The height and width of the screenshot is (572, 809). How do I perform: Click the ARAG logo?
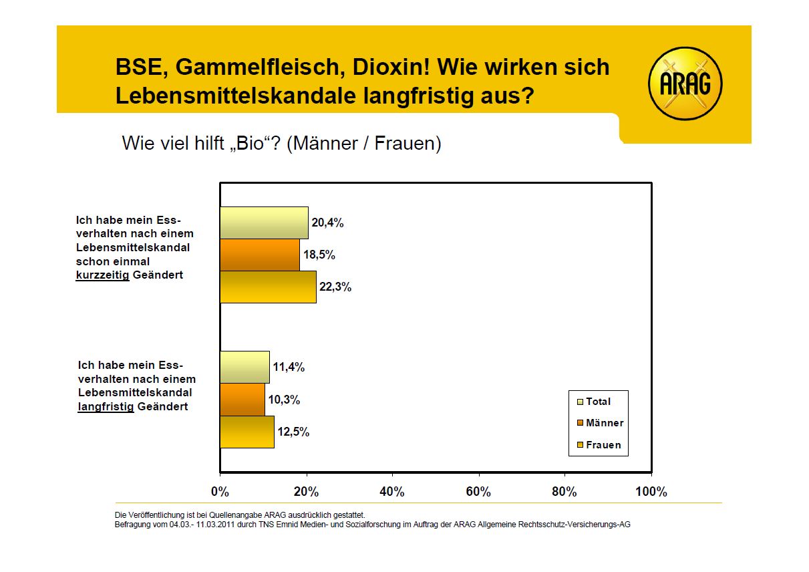tap(685, 84)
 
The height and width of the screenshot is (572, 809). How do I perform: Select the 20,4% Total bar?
tap(264, 223)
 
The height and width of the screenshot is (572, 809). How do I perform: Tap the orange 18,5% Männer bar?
tap(259, 255)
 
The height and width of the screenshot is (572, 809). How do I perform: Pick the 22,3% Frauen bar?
tap(268, 287)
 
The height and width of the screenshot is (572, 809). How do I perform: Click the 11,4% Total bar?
tap(245, 367)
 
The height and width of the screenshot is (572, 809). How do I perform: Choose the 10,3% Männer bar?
tap(242, 400)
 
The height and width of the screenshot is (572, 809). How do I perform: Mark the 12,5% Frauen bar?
tap(247, 432)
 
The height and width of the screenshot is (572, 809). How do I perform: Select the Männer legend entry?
tap(600, 423)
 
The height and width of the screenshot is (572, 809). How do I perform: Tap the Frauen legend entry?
tap(599, 444)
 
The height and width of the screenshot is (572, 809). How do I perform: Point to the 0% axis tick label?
tap(220, 492)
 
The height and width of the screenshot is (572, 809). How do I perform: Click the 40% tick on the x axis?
tap(392, 492)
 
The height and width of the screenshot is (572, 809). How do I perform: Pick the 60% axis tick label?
tap(478, 492)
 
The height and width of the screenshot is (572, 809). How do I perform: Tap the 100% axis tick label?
tap(651, 492)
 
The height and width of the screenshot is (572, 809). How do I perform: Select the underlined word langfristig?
tap(106, 406)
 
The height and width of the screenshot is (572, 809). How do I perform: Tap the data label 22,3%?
tap(335, 287)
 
